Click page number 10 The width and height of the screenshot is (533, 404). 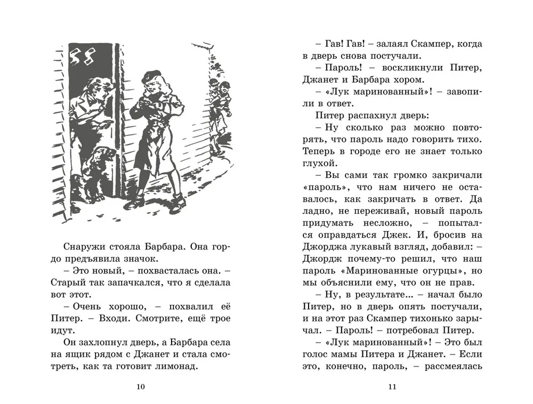(141, 387)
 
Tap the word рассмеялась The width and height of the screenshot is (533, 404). (454, 366)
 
